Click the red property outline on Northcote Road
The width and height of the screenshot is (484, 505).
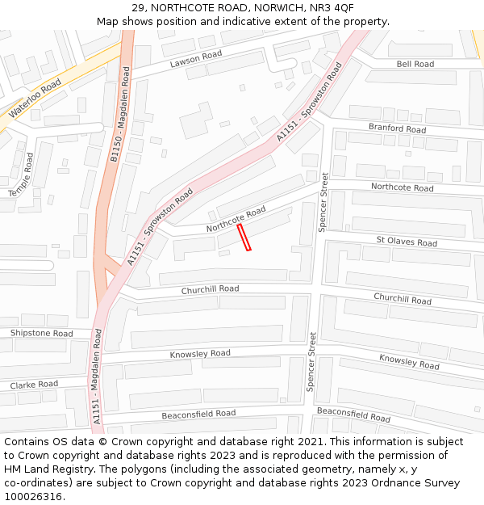244,238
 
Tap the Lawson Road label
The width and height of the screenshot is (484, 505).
195,59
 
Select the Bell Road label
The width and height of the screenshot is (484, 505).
415,64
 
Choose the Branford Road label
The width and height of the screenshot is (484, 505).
397,128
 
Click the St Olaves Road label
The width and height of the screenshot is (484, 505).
407,242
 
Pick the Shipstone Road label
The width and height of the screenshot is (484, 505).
41,333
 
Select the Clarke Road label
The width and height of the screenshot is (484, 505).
34,385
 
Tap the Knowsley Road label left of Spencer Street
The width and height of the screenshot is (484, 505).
200,354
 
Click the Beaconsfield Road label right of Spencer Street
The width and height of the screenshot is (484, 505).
353,415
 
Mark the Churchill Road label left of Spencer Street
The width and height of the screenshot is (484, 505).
210,289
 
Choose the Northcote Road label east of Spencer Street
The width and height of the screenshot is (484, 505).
402,187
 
